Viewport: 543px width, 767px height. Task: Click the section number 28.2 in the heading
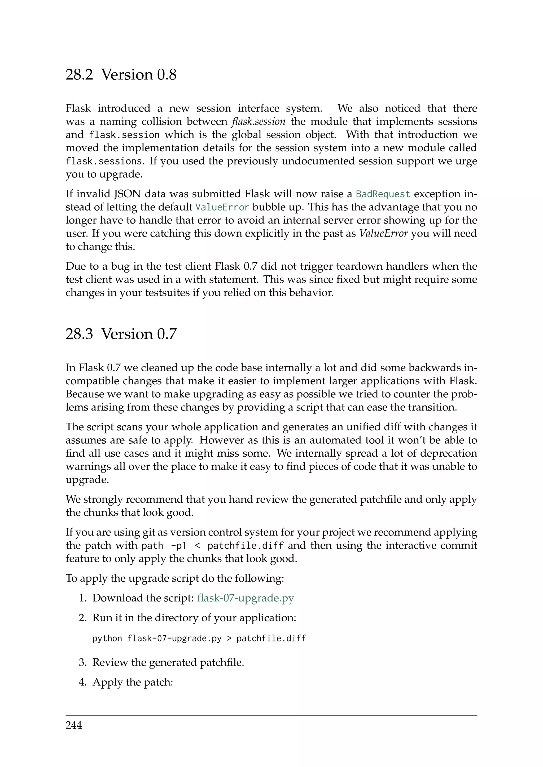(x=79, y=74)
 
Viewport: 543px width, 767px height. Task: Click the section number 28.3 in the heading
(x=79, y=334)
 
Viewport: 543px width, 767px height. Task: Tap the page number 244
(x=73, y=725)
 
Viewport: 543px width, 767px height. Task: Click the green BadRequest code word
(x=383, y=194)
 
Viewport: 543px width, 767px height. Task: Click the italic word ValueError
(x=383, y=233)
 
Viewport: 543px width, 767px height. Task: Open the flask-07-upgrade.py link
(x=246, y=598)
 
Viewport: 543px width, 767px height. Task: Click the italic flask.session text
(x=259, y=121)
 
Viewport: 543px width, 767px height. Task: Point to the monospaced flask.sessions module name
(x=104, y=161)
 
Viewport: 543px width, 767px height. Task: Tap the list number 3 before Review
(x=82, y=662)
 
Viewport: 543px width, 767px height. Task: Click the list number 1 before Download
(x=82, y=598)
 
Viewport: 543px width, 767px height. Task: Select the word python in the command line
(x=107, y=638)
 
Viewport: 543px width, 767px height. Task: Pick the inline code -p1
(x=178, y=546)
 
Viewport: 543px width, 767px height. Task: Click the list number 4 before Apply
(x=82, y=682)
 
